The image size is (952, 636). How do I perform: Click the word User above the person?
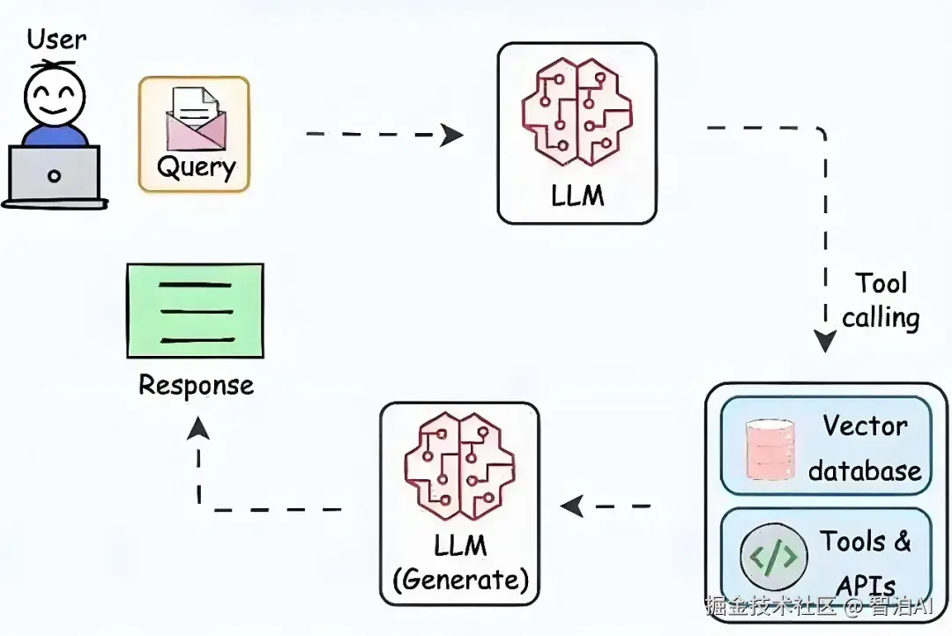click(56, 40)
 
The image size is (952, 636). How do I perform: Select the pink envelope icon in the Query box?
click(194, 118)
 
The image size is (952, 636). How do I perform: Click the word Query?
click(196, 167)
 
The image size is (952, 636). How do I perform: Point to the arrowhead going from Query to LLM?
click(451, 135)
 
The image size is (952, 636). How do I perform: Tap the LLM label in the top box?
click(577, 195)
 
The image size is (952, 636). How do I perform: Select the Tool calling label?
click(881, 300)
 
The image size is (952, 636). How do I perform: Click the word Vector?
click(865, 426)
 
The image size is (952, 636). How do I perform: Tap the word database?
click(865, 470)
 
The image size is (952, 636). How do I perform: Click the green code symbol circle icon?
click(773, 557)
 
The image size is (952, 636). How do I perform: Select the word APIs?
click(865, 585)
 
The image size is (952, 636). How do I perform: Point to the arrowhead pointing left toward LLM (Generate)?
click(573, 507)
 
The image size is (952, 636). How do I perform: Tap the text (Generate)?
click(460, 580)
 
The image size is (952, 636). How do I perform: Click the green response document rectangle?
click(195, 310)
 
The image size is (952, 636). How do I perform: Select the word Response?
click(196, 385)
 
